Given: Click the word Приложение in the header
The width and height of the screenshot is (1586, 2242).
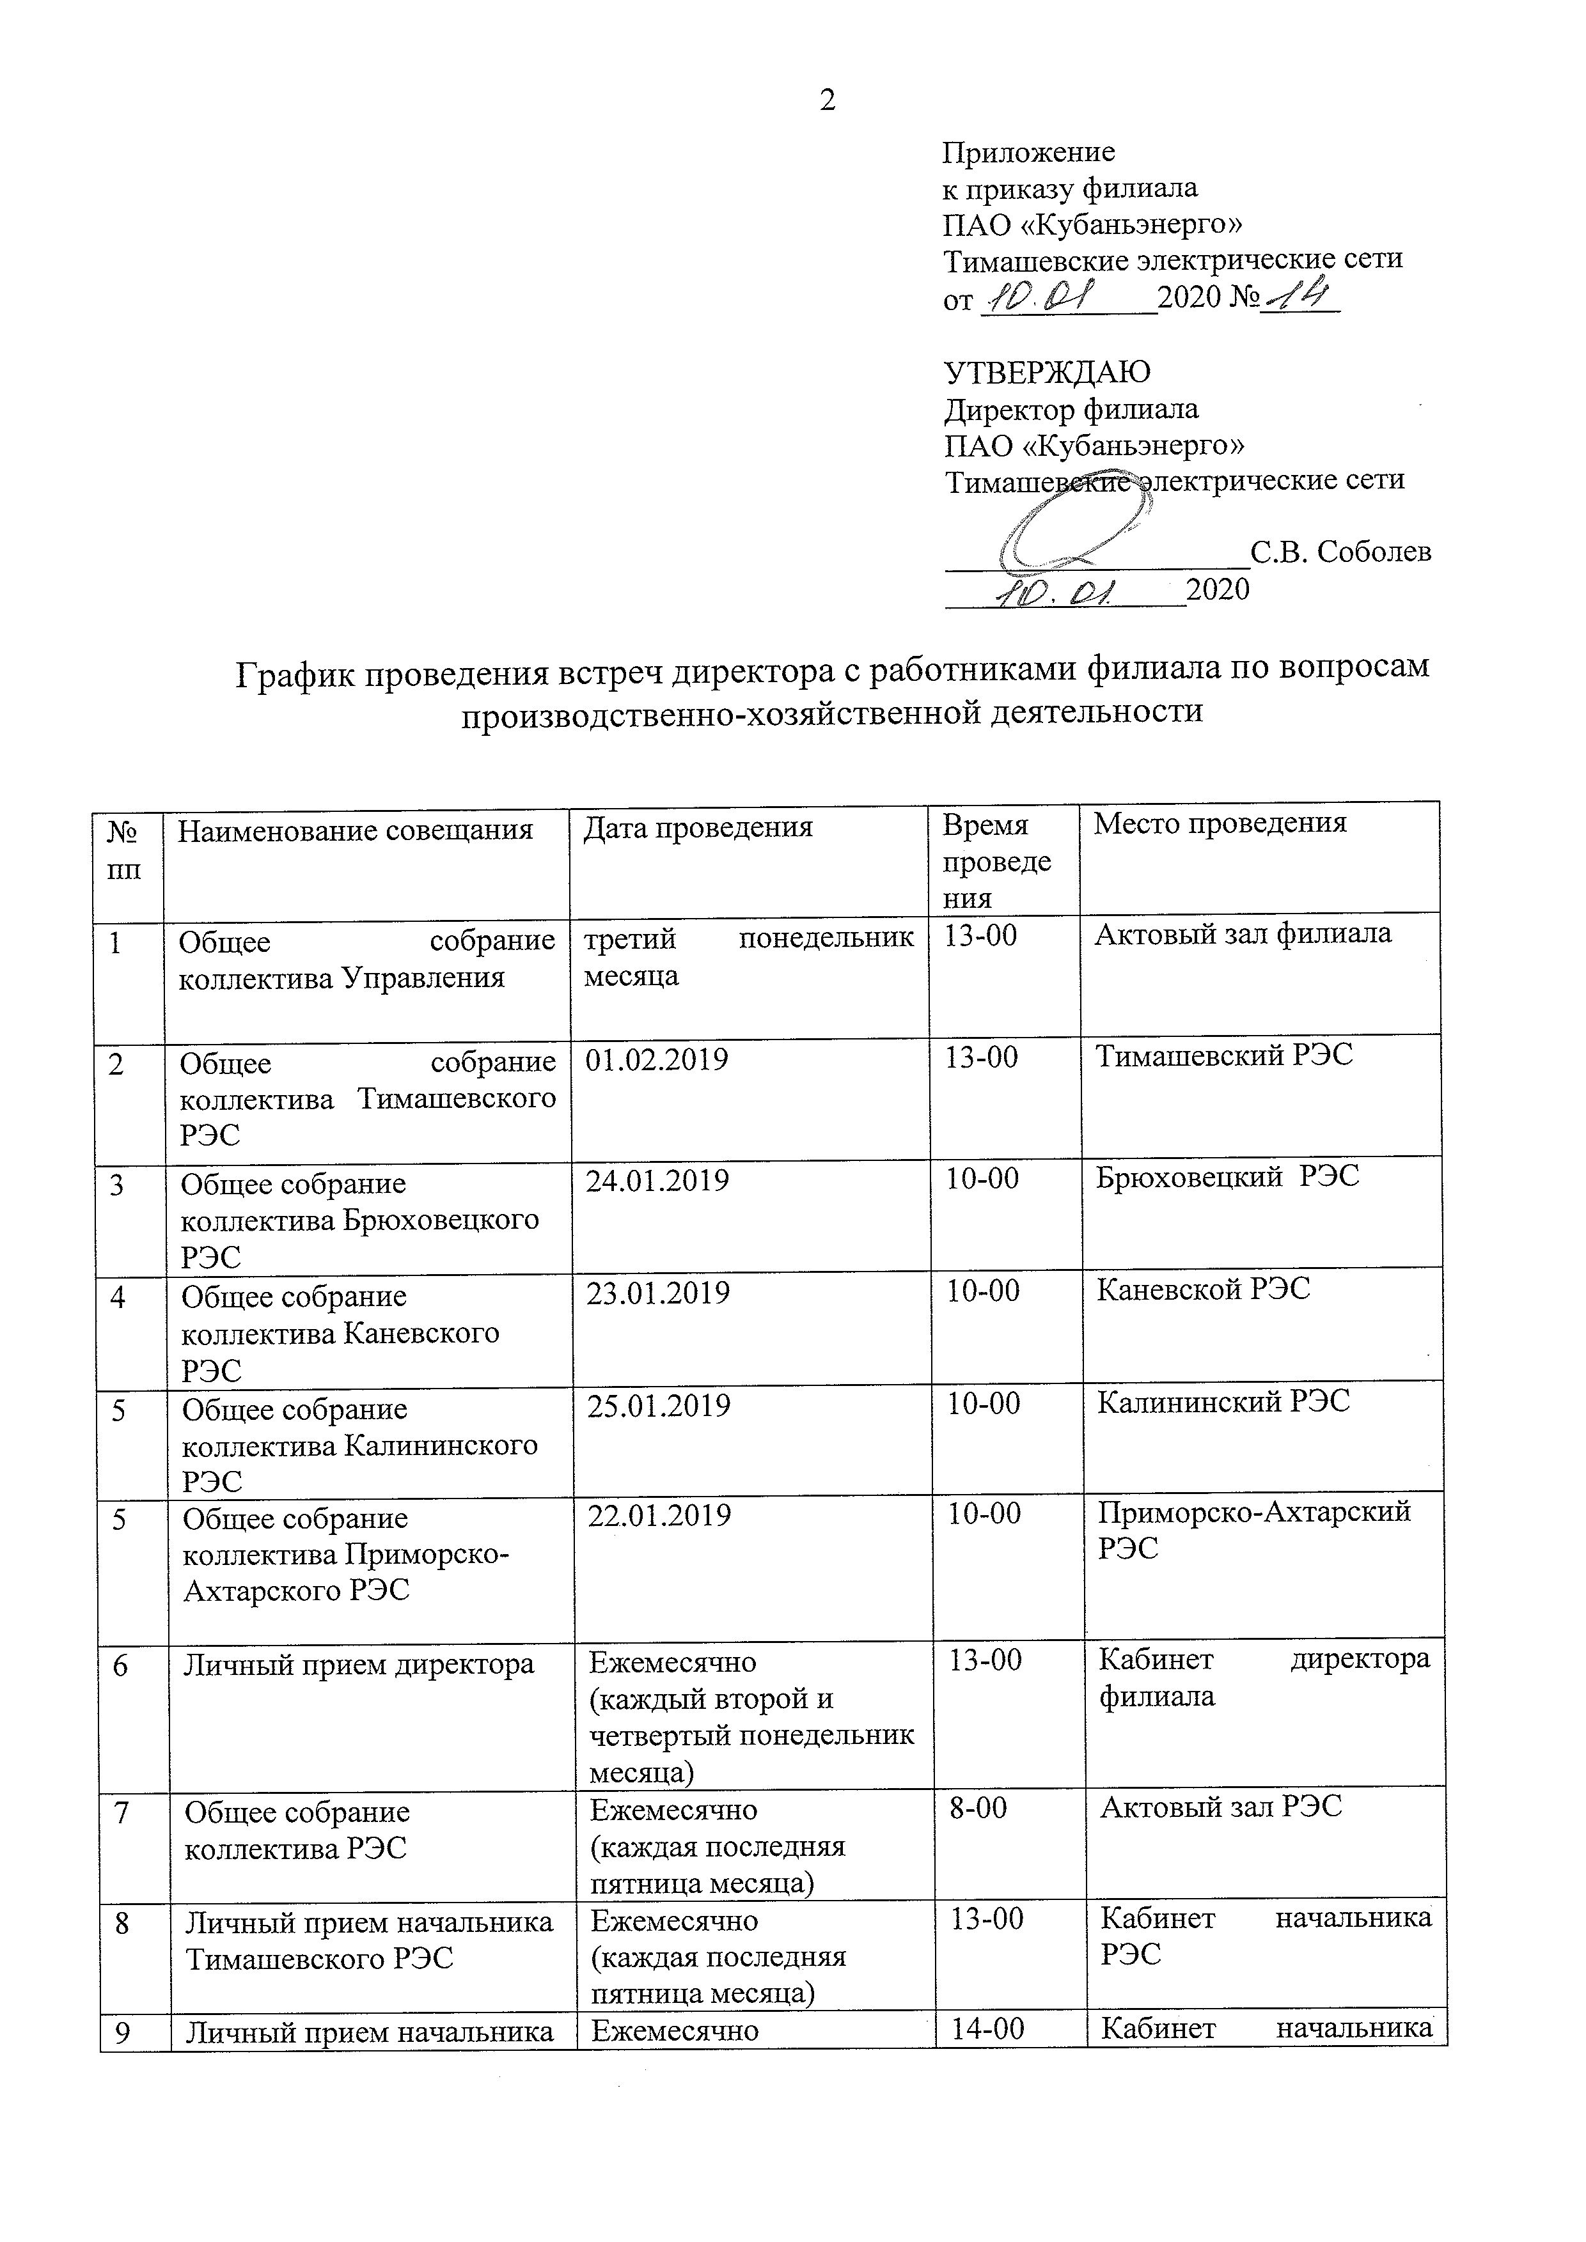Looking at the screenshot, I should [1028, 152].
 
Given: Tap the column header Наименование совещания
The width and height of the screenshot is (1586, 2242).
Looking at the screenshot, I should [356, 831].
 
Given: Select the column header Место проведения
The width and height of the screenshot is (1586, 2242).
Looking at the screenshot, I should [1220, 823].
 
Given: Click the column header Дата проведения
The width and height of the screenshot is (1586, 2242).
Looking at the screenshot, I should [698, 828].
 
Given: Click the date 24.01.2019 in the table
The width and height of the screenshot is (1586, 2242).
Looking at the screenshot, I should [657, 1181].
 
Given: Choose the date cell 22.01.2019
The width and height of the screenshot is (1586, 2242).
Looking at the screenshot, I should [659, 1516].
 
